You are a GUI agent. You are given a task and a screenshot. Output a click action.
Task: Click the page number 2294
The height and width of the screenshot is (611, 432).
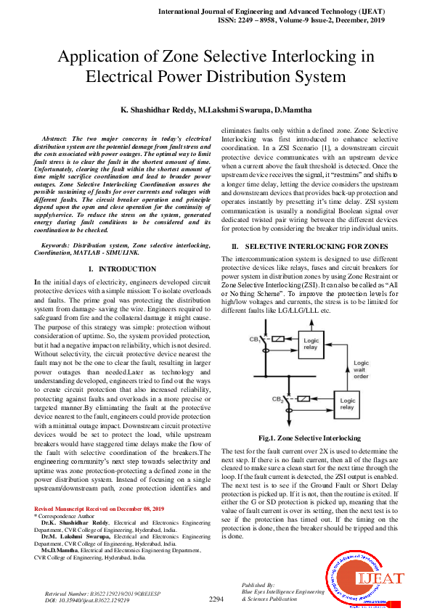tap(216, 600)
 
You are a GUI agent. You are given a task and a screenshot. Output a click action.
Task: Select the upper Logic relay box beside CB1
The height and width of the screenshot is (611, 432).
tap(310, 343)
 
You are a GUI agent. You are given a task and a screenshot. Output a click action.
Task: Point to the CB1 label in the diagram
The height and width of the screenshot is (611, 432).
tap(256, 340)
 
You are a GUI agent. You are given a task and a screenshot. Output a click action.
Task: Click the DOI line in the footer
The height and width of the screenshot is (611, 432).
tap(87, 601)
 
